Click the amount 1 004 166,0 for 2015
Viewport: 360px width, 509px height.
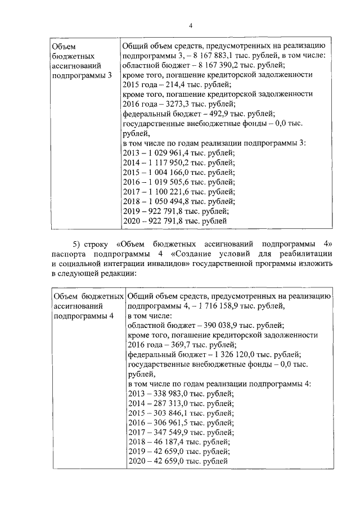coord(171,173)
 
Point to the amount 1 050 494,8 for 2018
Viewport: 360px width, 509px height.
coord(171,202)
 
